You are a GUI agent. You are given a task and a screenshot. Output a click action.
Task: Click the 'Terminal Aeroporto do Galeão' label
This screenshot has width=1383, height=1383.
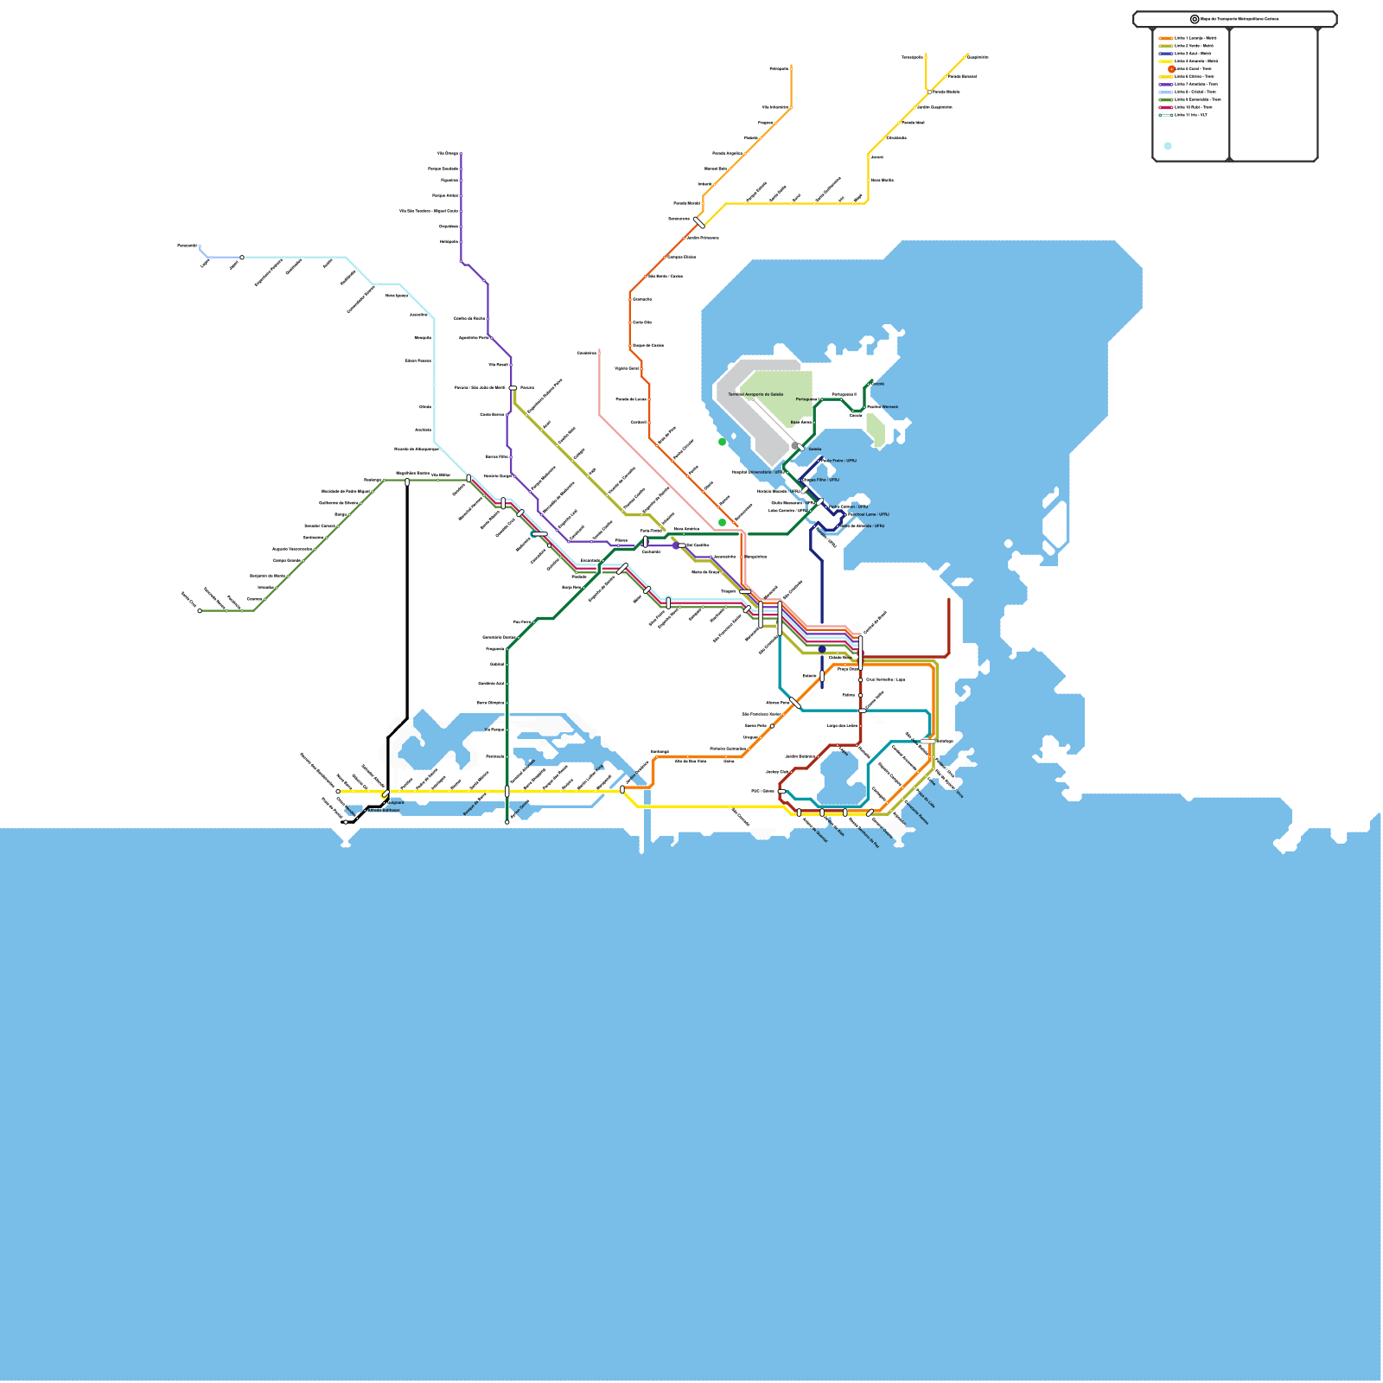[755, 394]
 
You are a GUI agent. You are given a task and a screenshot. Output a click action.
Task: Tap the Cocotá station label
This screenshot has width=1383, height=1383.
[878, 384]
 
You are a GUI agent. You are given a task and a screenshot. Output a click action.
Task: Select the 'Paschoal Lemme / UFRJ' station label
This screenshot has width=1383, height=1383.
[868, 514]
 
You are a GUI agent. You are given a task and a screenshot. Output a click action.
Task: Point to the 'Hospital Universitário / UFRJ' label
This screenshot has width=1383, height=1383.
[758, 472]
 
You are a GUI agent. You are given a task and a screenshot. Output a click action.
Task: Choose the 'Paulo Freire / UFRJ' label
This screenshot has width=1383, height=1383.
[839, 461]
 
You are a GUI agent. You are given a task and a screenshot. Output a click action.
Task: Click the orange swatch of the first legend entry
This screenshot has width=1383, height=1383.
[1166, 38]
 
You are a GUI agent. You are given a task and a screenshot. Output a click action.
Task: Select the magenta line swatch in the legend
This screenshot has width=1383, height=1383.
[1166, 107]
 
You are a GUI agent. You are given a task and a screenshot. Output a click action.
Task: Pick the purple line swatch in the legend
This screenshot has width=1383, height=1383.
[1166, 84]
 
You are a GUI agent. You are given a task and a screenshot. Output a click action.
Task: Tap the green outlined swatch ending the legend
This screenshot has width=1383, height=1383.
[1166, 115]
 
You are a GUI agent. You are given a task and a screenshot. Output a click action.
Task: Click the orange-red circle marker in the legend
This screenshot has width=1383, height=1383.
[1171, 68]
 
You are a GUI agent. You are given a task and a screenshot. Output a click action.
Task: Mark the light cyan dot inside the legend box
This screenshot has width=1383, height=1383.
[1168, 146]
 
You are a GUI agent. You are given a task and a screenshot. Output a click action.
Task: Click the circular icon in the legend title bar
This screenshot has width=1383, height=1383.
[1195, 19]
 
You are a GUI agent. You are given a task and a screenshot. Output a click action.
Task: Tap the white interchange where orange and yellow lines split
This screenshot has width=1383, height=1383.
[699, 222]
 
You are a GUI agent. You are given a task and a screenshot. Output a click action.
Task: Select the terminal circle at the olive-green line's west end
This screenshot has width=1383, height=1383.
[200, 611]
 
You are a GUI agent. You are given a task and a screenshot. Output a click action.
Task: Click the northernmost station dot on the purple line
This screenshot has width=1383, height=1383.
[461, 154]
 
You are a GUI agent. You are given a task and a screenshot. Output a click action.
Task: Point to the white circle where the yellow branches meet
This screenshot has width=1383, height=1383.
[929, 92]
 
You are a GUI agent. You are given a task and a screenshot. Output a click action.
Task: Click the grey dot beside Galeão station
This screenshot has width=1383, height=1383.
[794, 446]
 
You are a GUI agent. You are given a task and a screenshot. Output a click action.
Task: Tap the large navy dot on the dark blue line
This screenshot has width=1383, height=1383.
[822, 649]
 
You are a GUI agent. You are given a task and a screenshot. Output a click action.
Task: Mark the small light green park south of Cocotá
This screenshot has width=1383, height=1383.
[876, 430]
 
